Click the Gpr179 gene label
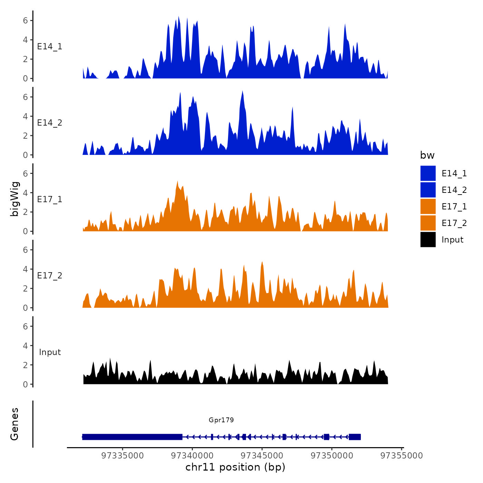click(221, 420)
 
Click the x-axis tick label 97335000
click(122, 456)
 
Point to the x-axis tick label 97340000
click(192, 456)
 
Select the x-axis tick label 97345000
click(262, 456)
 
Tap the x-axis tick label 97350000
click(332, 456)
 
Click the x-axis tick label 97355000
click(402, 456)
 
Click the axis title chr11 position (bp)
click(235, 467)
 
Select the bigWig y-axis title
click(15, 199)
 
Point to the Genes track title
click(14, 424)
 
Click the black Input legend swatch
click(428, 239)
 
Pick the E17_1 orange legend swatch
click(428, 206)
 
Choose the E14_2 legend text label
click(454, 190)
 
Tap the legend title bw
click(427, 155)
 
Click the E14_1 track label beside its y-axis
click(50, 47)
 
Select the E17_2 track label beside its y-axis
click(50, 275)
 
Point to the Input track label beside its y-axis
click(50, 352)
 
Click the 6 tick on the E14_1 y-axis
click(26, 20)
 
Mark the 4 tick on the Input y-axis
click(26, 346)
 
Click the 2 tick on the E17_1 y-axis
click(26, 212)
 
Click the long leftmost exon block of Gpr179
click(132, 437)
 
